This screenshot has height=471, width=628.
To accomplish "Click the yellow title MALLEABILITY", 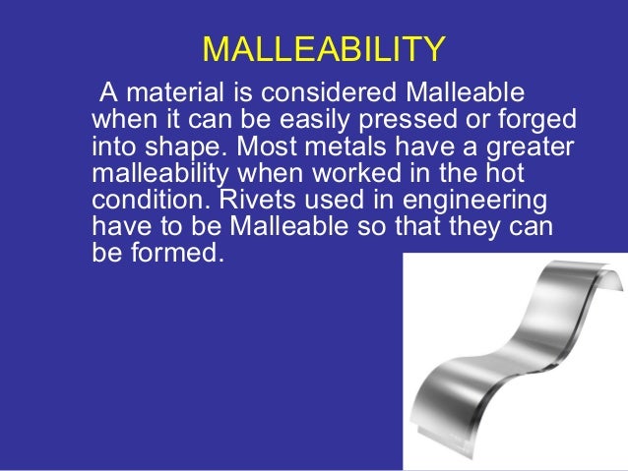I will (323, 48).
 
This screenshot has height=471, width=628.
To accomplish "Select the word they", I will (471, 226).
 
